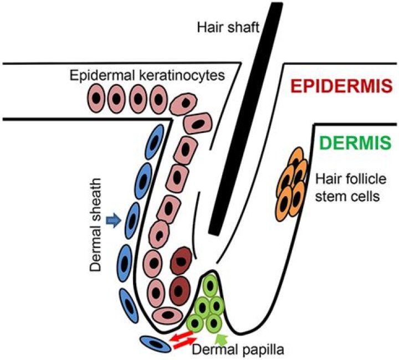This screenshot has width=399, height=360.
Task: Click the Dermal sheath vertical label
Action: click(98, 224)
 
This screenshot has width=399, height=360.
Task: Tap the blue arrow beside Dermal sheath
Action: click(113, 222)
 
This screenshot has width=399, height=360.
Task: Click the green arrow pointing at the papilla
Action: click(221, 336)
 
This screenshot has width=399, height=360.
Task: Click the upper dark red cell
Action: click(181, 261)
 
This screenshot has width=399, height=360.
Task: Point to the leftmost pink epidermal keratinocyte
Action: click(98, 100)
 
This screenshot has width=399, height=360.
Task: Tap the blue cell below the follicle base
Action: click(156, 344)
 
